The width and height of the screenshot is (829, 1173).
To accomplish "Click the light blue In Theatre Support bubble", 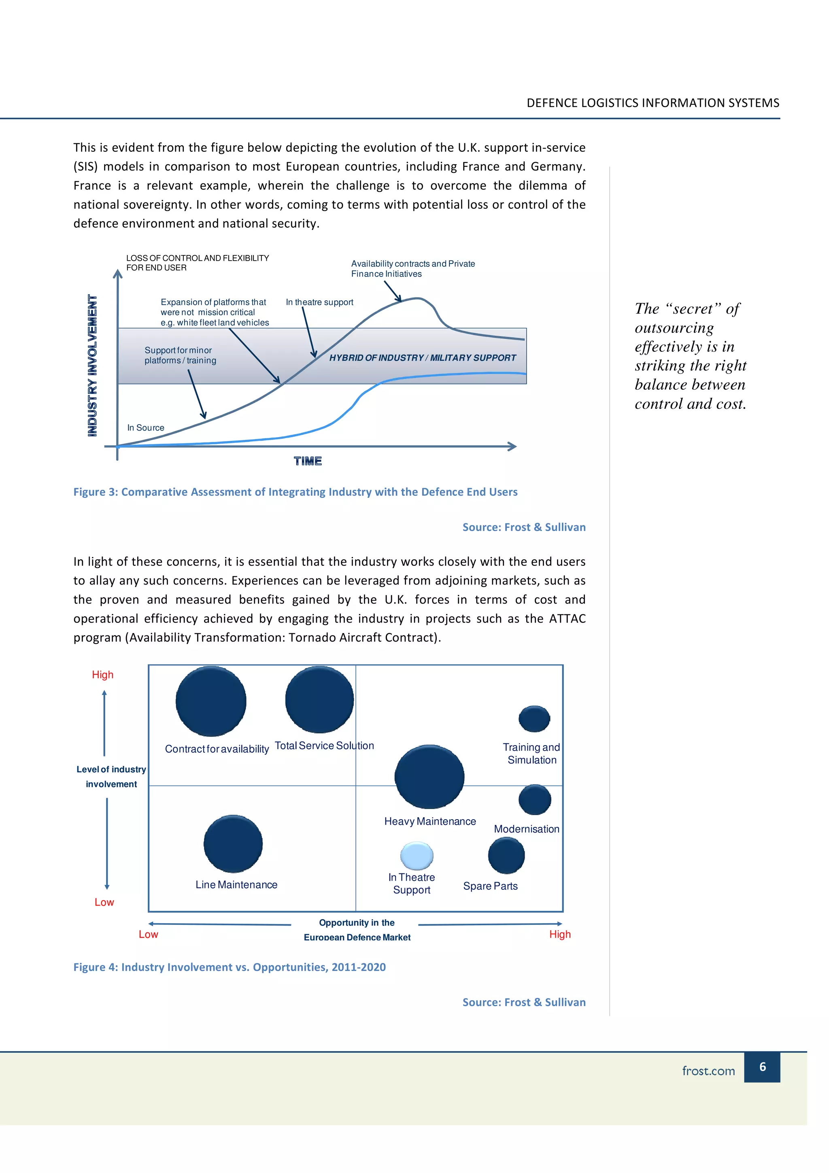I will pyautogui.click(x=417, y=856).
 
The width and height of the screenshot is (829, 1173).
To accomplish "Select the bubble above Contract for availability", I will pyautogui.click(x=211, y=701).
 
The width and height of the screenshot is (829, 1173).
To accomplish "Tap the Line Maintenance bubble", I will pyautogui.click(x=233, y=844).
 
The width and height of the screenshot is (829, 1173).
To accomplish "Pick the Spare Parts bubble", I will pyautogui.click(x=506, y=856).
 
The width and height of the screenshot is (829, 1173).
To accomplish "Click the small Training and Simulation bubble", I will pyautogui.click(x=534, y=719).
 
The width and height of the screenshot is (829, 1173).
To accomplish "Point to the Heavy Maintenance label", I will pyautogui.click(x=430, y=821).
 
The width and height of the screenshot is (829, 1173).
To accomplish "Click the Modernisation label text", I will pyautogui.click(x=526, y=829).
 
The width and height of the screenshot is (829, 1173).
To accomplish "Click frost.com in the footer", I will pyautogui.click(x=708, y=1071).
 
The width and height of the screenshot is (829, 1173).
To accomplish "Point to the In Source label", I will pyautogui.click(x=146, y=427).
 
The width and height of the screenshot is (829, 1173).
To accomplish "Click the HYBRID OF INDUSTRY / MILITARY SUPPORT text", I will pyautogui.click(x=423, y=358).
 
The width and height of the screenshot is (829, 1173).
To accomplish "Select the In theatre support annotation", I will pyautogui.click(x=319, y=302).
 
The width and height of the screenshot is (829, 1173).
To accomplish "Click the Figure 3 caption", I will pyautogui.click(x=295, y=491).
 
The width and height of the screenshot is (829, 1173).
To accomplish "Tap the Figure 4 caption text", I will pyautogui.click(x=230, y=967).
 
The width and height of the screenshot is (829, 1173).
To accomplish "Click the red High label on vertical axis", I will pyautogui.click(x=103, y=674).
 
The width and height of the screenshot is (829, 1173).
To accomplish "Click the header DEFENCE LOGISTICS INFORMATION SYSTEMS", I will pyautogui.click(x=653, y=103).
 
